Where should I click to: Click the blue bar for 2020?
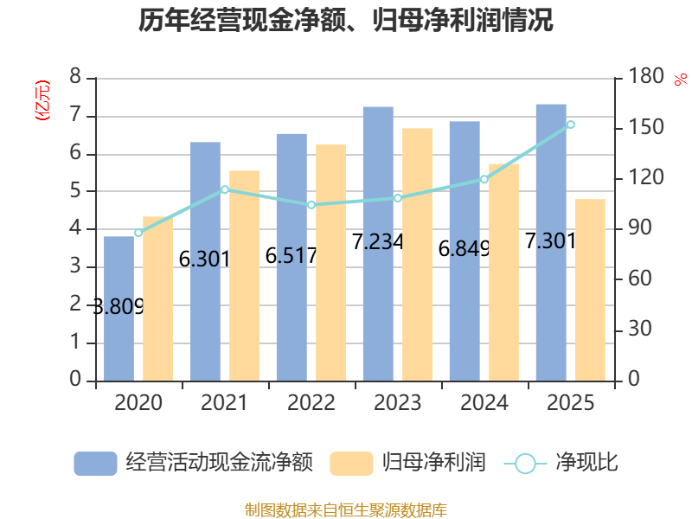pyautogui.click(x=119, y=309)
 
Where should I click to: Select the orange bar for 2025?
pyautogui.click(x=590, y=290)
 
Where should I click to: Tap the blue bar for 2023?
pyautogui.click(x=378, y=244)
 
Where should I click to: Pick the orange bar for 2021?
pyautogui.click(x=244, y=275)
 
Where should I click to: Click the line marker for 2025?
pyautogui.click(x=570, y=125)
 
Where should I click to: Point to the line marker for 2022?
pyautogui.click(x=311, y=205)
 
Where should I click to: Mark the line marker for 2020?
pyautogui.click(x=138, y=233)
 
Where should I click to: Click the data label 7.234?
pyautogui.click(x=377, y=242)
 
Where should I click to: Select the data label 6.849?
pyautogui.click(x=464, y=249)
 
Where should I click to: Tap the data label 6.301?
pyautogui.click(x=204, y=259)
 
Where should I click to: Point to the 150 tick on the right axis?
pyautogui.click(x=645, y=127)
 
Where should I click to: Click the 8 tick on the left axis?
pyautogui.click(x=75, y=76)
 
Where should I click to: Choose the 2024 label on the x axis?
pyautogui.click(x=484, y=402)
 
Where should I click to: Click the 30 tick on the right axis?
pyautogui.click(x=640, y=329)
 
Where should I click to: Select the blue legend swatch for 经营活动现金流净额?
pyautogui.click(x=95, y=464)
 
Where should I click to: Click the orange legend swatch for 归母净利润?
pyautogui.click(x=351, y=464)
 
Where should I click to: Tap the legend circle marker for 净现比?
pyautogui.click(x=525, y=464)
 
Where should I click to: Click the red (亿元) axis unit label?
pyautogui.click(x=42, y=100)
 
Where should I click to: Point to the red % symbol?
pyautogui.click(x=681, y=80)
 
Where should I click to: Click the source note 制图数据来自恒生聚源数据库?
pyautogui.click(x=346, y=510)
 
